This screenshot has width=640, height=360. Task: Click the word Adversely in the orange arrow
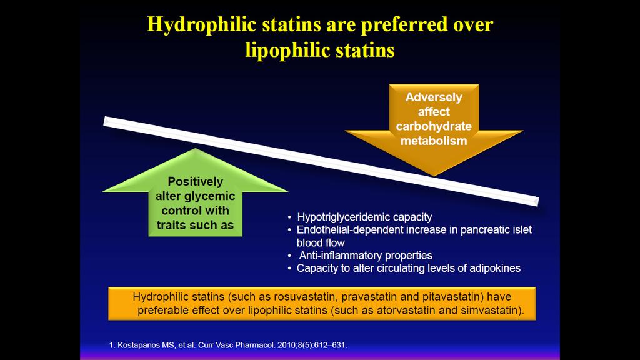(434, 97)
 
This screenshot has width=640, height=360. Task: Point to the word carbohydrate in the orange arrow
(434, 126)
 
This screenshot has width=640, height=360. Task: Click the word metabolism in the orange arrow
(434, 141)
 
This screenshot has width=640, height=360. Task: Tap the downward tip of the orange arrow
(434, 176)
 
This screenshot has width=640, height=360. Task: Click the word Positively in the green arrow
(196, 182)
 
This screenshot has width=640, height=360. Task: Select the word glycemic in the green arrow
(209, 196)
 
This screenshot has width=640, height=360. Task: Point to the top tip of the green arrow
(196, 149)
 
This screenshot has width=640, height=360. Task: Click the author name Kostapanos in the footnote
(139, 345)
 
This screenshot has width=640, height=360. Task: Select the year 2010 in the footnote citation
(285, 345)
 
